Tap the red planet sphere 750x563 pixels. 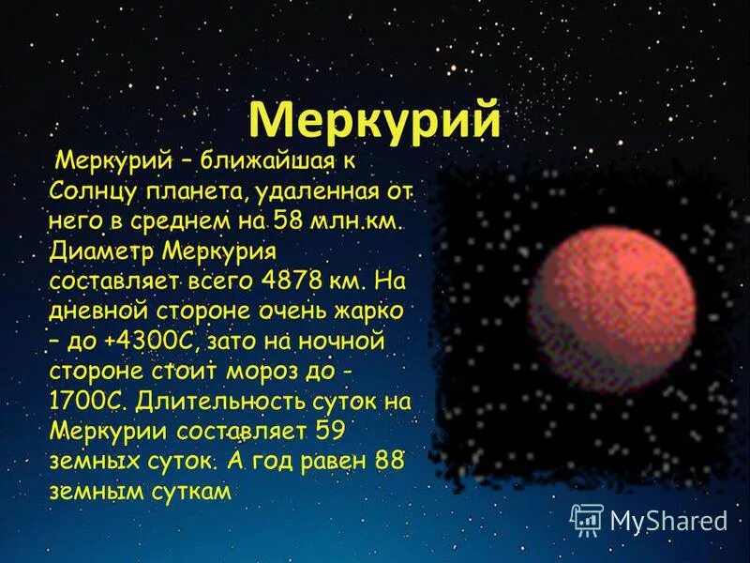pyautogui.click(x=615, y=307)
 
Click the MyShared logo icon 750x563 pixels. pyautogui.click(x=587, y=518)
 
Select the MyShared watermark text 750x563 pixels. pyautogui.click(x=668, y=520)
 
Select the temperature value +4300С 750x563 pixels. pyautogui.click(x=127, y=338)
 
